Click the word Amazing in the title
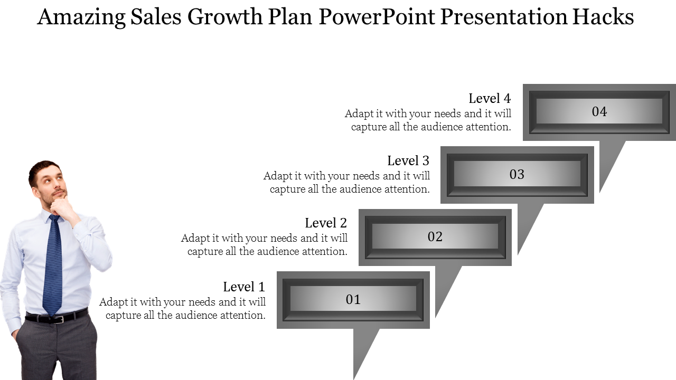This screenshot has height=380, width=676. point(81,17)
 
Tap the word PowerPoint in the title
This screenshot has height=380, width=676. point(377,16)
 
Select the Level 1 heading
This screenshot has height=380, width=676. point(244,287)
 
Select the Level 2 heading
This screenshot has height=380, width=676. point(326,223)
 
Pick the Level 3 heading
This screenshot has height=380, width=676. point(408,160)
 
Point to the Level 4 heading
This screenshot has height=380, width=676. point(490,98)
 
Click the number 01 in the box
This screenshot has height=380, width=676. point(353,299)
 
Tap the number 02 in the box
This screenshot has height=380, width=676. point(435,237)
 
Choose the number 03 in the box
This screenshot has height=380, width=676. point(517,174)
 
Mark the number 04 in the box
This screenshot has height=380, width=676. point(599,111)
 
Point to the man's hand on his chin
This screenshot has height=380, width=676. point(62,208)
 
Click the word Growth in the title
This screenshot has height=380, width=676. point(225,17)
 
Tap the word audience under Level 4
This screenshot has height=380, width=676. point(442,127)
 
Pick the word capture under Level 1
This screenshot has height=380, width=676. point(123,316)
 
